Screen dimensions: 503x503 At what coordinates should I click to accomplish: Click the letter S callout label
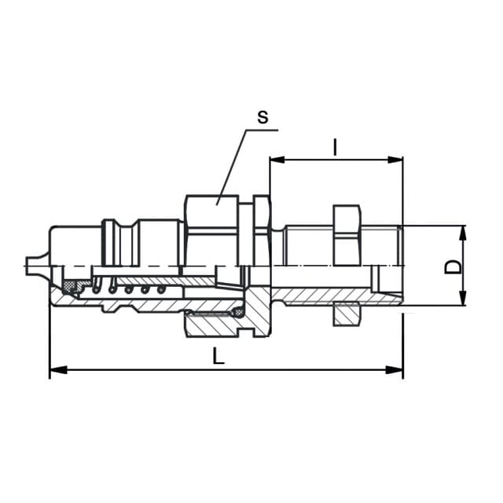pos(263,117)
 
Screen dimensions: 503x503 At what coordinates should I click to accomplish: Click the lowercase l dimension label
pos(336,147)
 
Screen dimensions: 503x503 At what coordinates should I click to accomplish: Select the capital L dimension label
pos(218,356)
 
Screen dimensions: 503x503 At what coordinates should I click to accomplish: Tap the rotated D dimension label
pos(453,267)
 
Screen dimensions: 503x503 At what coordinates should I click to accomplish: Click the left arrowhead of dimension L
pos(58,370)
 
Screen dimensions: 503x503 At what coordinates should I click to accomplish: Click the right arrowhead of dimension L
pos(395,370)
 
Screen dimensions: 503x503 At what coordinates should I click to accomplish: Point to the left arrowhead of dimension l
pos(277,160)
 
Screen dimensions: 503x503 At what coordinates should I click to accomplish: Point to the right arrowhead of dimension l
pos(395,160)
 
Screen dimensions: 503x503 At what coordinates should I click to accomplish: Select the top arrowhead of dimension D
pos(463,233)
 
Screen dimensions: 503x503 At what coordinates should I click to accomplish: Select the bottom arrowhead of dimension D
pos(463,298)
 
